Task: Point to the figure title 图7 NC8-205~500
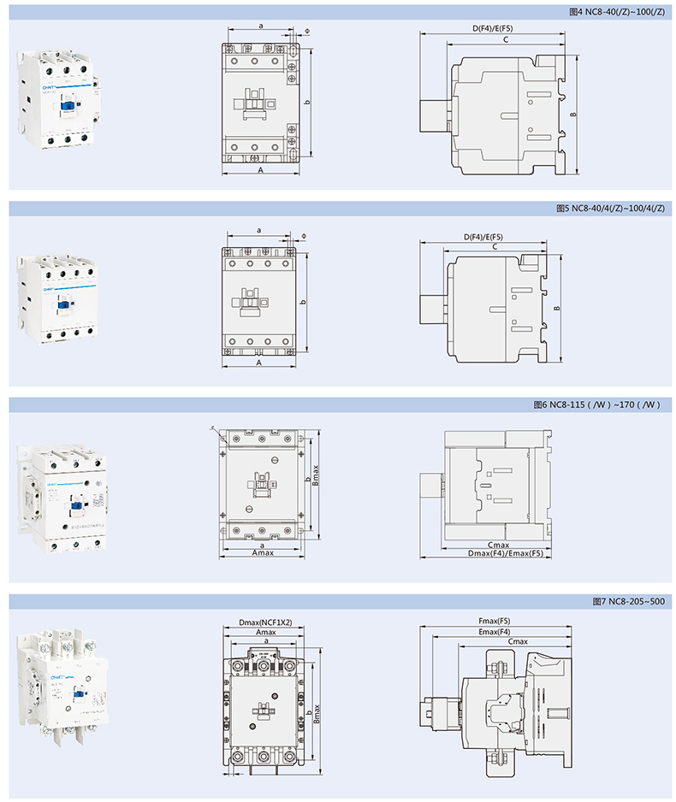point(628,601)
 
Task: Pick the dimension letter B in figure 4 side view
point(574,115)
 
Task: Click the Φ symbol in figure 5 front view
point(304,235)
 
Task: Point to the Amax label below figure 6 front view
point(263,554)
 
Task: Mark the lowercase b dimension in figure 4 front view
point(306,101)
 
